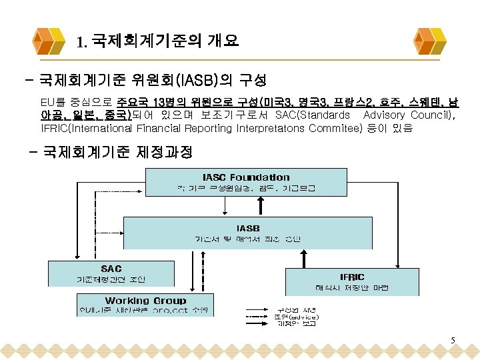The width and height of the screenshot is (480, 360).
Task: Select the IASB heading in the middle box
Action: tap(248, 228)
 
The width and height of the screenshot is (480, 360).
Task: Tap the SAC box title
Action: tap(111, 268)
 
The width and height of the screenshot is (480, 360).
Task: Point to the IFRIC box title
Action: tap(352, 276)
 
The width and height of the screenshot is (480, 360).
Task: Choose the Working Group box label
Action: tap(145, 301)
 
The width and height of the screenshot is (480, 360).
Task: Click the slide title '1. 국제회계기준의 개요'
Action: tap(157, 43)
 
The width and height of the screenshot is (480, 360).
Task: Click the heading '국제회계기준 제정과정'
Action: tap(117, 153)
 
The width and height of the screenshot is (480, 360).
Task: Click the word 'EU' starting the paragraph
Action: tap(47, 103)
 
